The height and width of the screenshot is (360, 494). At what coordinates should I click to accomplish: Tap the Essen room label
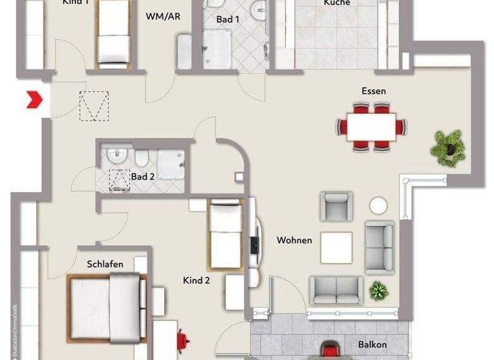(x=373, y=91)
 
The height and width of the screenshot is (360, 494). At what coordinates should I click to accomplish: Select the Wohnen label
(x=294, y=240)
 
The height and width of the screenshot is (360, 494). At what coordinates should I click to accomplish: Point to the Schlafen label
(x=105, y=264)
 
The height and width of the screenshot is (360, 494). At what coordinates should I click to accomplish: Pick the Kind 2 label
(x=197, y=280)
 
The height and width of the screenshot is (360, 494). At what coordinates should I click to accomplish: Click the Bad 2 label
(x=143, y=176)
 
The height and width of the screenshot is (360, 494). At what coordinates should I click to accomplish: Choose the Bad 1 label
(x=228, y=19)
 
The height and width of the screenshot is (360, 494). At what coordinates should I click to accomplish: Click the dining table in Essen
(x=371, y=127)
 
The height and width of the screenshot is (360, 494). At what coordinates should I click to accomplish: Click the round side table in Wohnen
(x=378, y=206)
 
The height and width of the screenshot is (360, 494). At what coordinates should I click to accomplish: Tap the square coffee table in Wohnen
(x=336, y=248)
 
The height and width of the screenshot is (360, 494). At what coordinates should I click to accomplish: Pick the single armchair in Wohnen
(x=336, y=206)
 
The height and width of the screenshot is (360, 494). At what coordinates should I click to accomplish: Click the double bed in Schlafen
(x=106, y=306)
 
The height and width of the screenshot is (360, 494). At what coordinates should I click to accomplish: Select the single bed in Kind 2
(x=225, y=234)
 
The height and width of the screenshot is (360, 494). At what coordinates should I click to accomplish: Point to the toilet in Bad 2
(x=142, y=158)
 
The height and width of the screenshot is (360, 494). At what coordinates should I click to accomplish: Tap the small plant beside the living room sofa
(x=379, y=291)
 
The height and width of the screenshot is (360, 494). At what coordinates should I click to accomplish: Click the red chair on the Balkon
(x=331, y=350)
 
